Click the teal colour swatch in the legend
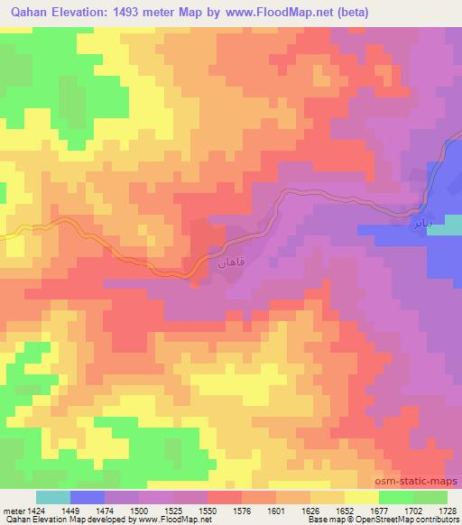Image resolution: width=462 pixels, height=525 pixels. [53, 497]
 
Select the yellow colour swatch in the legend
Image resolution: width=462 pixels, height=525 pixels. [360, 497]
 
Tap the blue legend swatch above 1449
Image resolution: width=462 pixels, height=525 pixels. [88, 497]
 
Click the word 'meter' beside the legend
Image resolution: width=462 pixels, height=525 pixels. [12, 510]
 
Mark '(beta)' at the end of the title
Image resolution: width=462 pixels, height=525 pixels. [349, 10]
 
